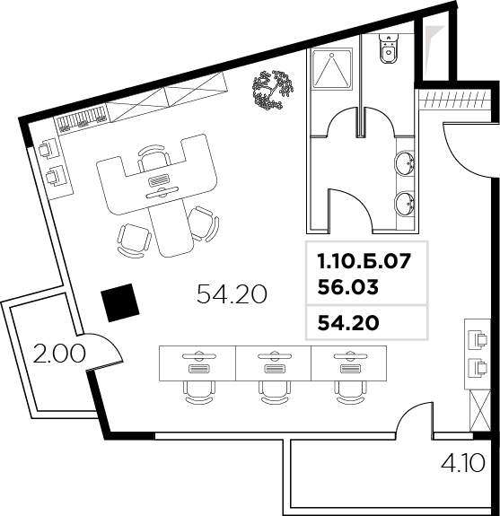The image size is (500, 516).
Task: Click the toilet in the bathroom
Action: (389, 48)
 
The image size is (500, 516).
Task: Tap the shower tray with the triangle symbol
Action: (332, 68)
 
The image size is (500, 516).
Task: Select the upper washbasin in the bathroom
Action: (405, 164)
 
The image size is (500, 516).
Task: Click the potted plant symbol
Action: (273, 90)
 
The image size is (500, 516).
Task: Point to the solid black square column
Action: (120, 302)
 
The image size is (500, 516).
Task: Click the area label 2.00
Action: (59, 354)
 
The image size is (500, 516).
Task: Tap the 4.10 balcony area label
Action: (463, 463)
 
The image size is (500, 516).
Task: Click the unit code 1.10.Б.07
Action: (364, 262)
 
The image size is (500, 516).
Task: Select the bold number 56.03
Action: (348, 287)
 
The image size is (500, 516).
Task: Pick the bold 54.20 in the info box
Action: (348, 323)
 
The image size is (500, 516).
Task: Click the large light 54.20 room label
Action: (232, 293)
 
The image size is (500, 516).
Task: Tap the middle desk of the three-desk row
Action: (273, 363)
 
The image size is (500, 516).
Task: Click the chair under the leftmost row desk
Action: (198, 392)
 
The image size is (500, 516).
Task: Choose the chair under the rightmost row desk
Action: (350, 392)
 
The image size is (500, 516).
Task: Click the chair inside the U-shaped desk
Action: (154, 158)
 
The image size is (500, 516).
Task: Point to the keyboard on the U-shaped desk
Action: (160, 181)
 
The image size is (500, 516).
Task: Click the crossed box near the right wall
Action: (480, 410)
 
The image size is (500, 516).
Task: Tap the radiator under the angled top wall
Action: (82, 118)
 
